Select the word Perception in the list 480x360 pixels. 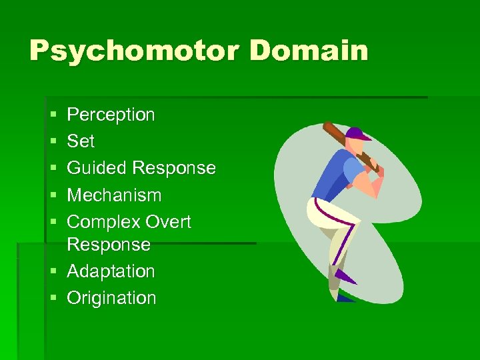(111, 115)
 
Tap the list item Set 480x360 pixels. (81, 141)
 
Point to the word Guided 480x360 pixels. (97, 168)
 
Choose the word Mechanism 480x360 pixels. (114, 195)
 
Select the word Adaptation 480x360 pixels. (111, 271)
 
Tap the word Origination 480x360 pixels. (111, 298)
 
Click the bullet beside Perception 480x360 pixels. (53, 115)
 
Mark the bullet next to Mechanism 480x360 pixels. (53, 196)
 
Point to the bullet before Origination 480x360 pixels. (53, 299)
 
